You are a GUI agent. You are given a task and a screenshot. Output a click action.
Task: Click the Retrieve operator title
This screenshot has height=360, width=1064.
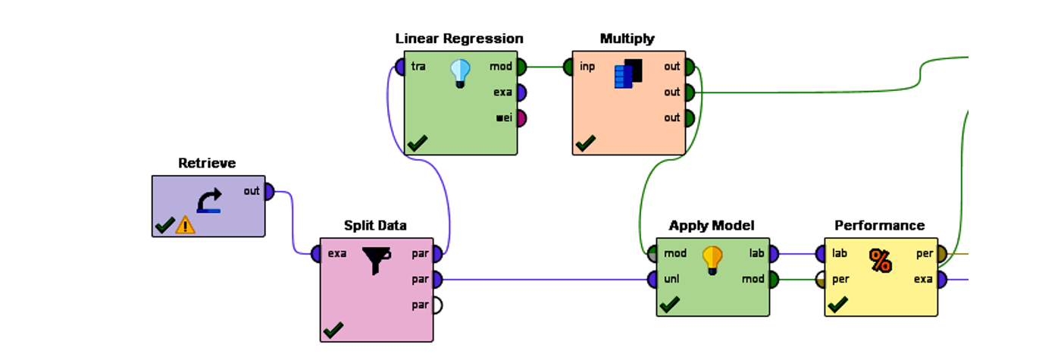[x=207, y=163]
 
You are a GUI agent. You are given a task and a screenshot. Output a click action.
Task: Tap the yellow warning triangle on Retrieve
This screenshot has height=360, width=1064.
[x=185, y=225]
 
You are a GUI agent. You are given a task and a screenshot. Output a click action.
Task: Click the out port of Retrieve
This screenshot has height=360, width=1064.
[x=268, y=192]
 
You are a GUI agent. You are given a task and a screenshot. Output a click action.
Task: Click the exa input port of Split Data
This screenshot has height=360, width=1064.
[x=316, y=254]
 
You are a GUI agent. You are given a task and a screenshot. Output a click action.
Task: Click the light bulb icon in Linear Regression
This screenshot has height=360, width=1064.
[x=460, y=74]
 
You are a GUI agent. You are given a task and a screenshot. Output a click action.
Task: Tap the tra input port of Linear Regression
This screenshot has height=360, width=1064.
[x=401, y=67]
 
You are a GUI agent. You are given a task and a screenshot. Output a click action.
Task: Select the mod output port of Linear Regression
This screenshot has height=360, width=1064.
[x=521, y=67]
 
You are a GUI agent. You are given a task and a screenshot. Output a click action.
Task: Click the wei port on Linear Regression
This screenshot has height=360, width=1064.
[x=521, y=118]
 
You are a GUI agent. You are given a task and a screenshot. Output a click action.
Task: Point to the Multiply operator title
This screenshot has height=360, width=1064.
[x=627, y=39]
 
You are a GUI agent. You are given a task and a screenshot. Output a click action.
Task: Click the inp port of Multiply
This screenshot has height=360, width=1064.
[x=569, y=67]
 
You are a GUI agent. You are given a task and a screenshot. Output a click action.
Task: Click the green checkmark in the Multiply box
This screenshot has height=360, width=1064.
[x=585, y=142]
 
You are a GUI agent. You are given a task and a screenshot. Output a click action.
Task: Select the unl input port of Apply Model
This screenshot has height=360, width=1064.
[x=652, y=280]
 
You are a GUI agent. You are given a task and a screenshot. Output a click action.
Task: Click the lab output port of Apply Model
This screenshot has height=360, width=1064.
[x=773, y=254]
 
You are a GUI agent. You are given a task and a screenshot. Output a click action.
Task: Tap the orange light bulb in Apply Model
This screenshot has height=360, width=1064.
[x=712, y=260]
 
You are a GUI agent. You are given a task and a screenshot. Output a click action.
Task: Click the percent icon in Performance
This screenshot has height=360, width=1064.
[x=880, y=261]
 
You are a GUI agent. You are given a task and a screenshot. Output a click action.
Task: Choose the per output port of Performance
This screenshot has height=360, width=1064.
[x=941, y=254]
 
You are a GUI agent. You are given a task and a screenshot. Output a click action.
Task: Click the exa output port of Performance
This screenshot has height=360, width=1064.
[x=941, y=280]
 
